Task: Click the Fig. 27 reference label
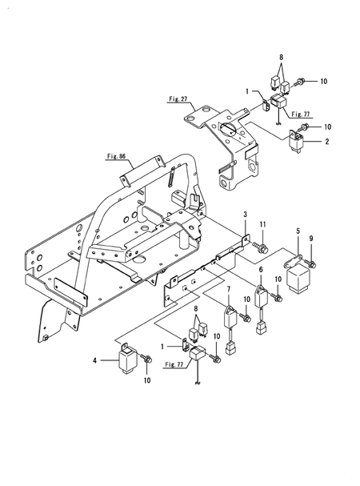tap(178, 99)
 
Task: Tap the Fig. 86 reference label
tap(117, 156)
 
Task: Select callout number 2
tap(327, 142)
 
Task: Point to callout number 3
tap(245, 214)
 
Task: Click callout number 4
tap(95, 360)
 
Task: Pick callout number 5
tap(298, 231)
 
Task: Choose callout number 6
tap(261, 270)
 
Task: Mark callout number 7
tap(229, 289)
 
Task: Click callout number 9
tap(311, 239)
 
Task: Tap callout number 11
tap(262, 224)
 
